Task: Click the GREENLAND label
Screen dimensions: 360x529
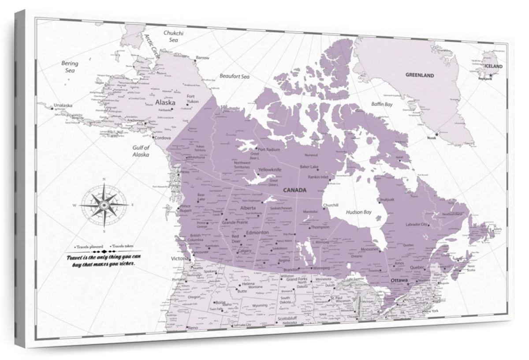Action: (x=420, y=75)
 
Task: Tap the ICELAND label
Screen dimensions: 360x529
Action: (x=493, y=66)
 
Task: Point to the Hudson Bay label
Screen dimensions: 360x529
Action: (x=358, y=212)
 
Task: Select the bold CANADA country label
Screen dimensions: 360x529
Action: (x=294, y=190)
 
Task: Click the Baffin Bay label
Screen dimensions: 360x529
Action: (x=382, y=105)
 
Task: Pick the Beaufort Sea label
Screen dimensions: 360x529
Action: (x=235, y=76)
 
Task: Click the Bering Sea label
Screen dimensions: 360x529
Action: (x=70, y=67)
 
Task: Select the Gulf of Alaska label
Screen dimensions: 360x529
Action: (x=142, y=151)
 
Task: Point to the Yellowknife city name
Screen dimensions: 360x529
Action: (x=270, y=169)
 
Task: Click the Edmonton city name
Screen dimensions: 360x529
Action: (x=257, y=232)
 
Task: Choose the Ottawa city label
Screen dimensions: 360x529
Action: (x=400, y=280)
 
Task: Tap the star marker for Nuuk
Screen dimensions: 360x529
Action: (x=437, y=134)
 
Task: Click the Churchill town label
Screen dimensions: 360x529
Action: (x=330, y=205)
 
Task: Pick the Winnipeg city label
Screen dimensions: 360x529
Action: (x=320, y=268)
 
